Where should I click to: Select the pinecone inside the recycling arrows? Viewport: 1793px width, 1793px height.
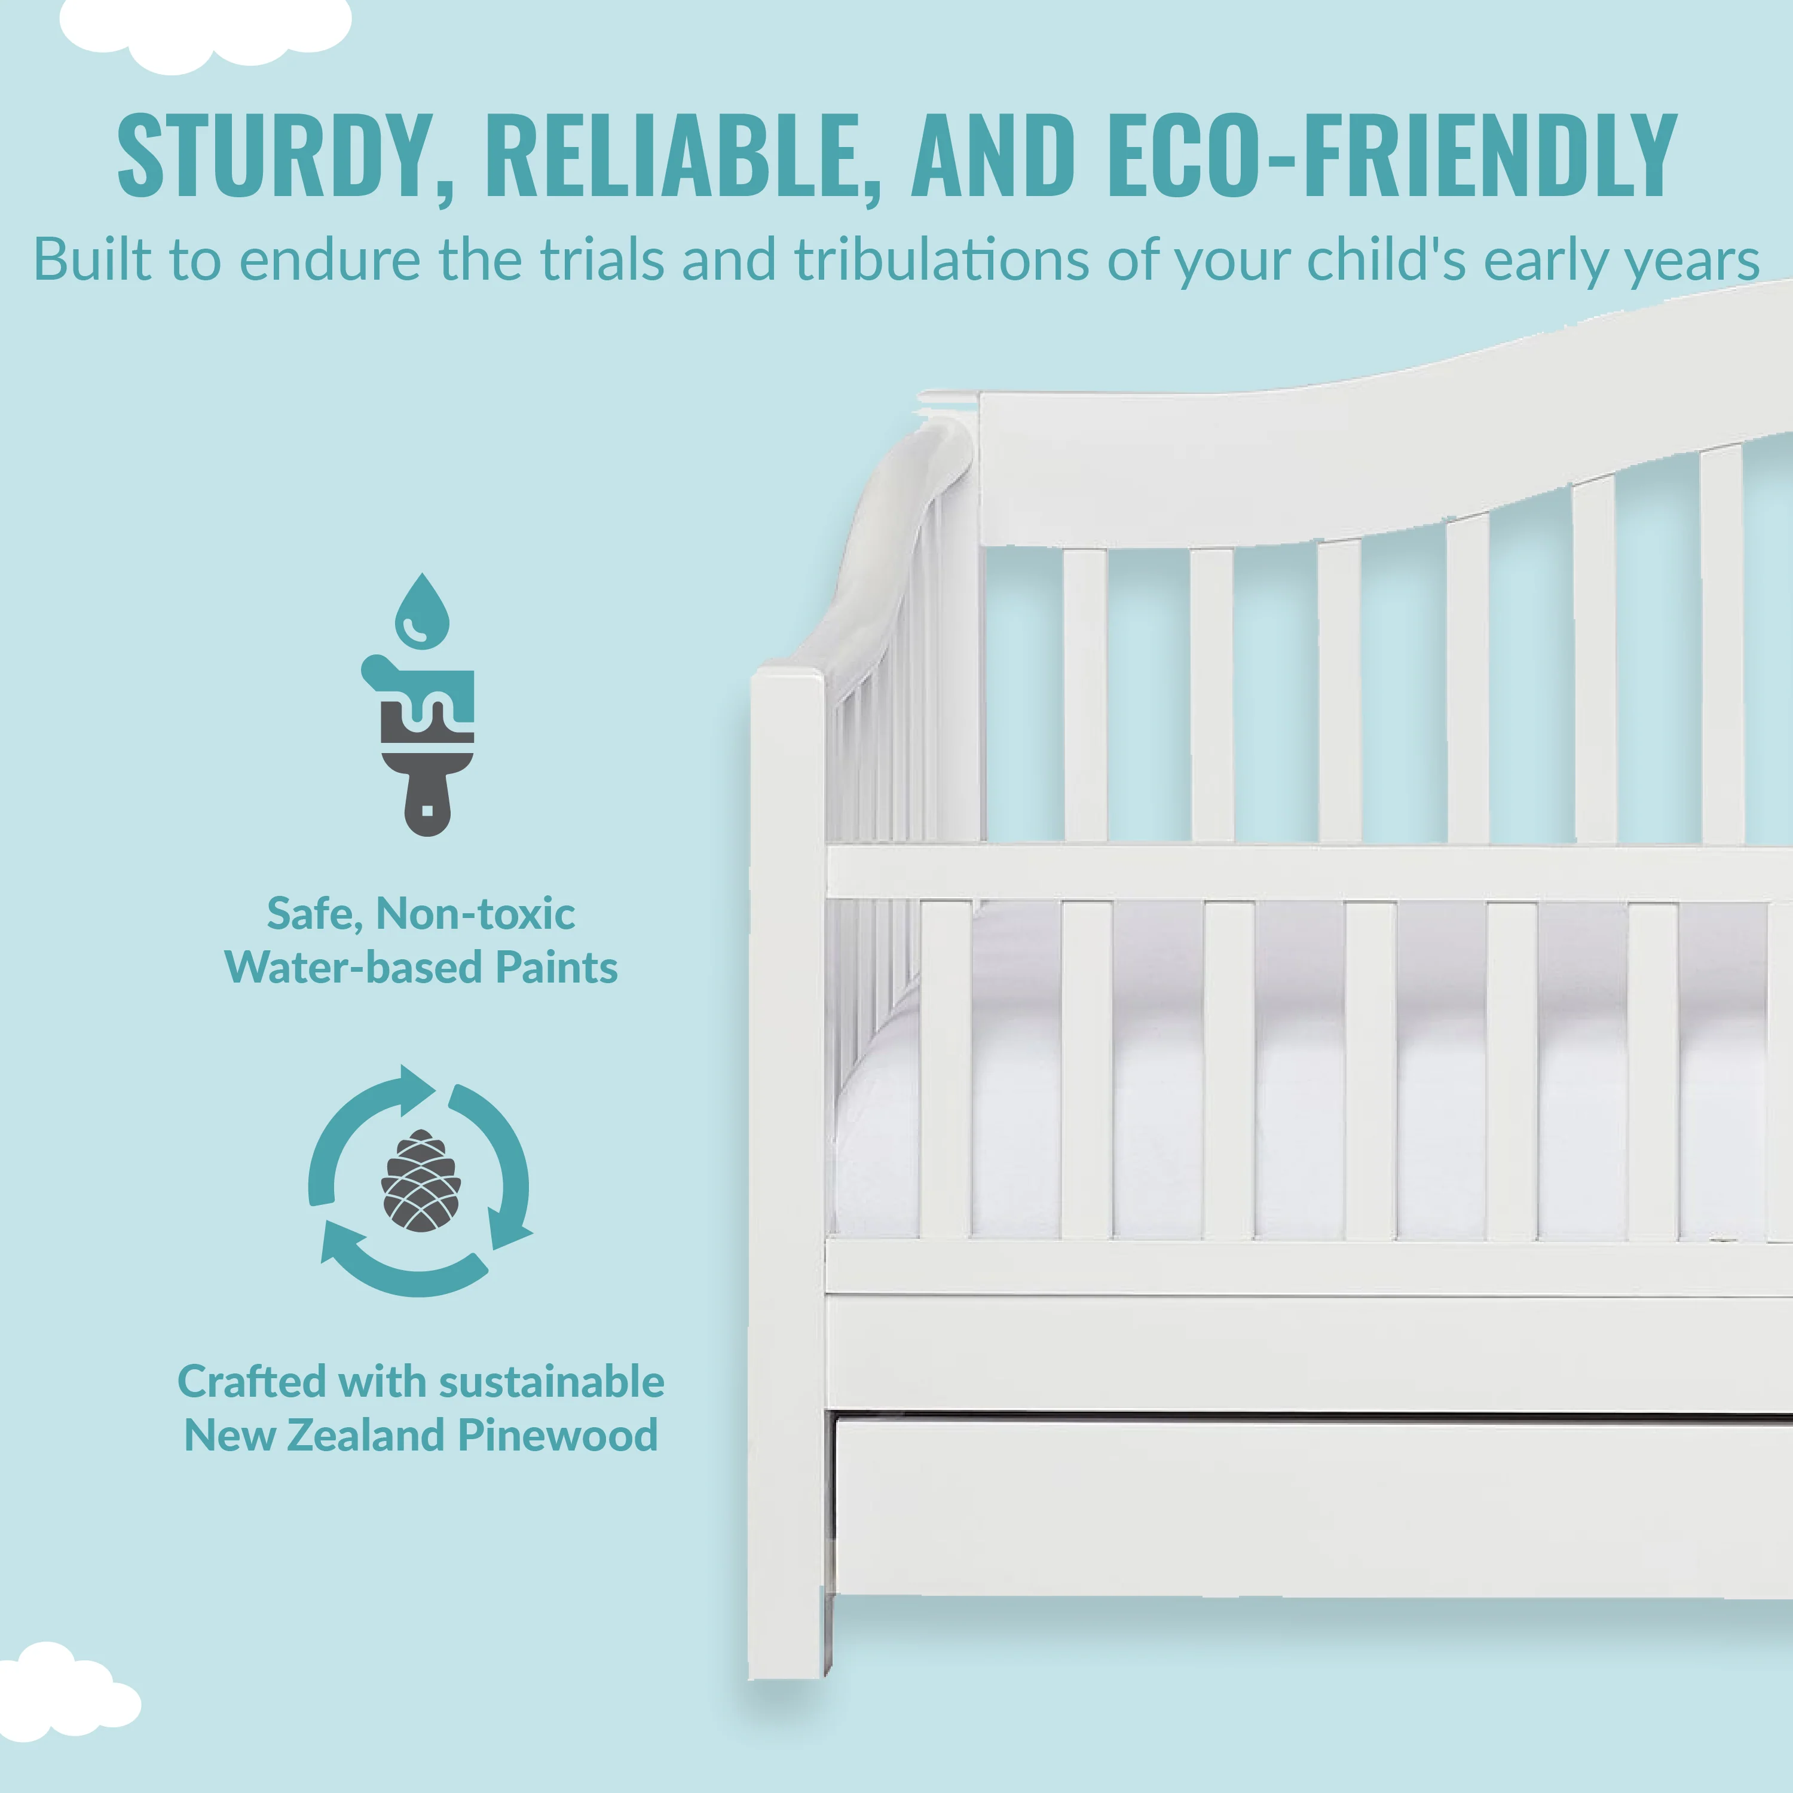point(420,1180)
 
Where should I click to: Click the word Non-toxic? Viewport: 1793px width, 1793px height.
point(475,913)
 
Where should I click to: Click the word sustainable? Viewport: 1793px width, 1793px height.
point(552,1381)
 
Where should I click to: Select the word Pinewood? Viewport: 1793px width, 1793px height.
point(559,1435)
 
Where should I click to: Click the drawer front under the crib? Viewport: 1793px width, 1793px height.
point(1313,1508)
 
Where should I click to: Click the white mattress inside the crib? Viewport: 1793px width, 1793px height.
point(1299,1113)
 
